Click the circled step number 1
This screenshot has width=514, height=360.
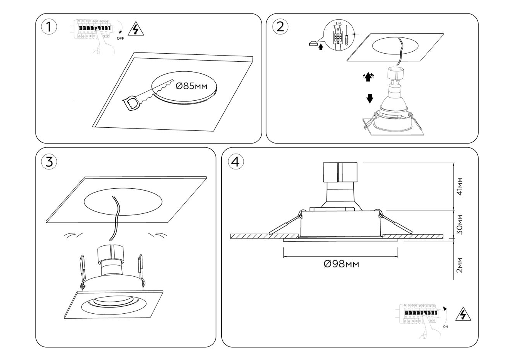click(x=49, y=27)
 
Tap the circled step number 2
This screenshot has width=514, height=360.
click(x=280, y=27)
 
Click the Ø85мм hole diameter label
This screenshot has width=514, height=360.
click(x=191, y=86)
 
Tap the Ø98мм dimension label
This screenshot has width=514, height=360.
click(x=341, y=264)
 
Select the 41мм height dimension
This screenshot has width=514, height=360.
click(x=459, y=187)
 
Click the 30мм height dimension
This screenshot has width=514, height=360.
click(x=459, y=224)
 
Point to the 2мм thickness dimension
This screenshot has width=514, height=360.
click(x=459, y=265)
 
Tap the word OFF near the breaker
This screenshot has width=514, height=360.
click(x=120, y=39)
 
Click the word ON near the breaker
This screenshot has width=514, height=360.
click(x=446, y=327)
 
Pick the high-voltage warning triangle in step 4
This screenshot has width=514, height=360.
click(x=463, y=315)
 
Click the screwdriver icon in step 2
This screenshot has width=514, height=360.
click(x=347, y=37)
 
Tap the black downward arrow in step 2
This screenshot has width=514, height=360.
click(x=370, y=98)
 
